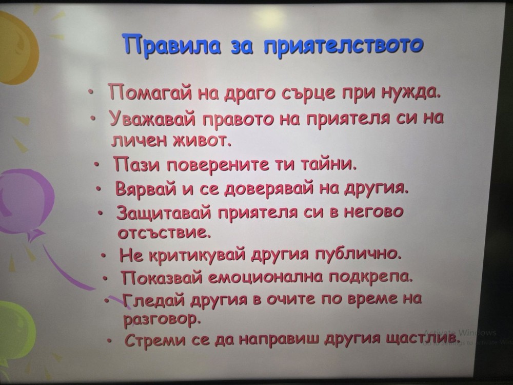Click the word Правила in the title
point(173,45)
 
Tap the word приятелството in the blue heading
point(343,46)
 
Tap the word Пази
point(137,164)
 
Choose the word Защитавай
point(166,213)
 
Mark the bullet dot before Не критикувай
point(103,255)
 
